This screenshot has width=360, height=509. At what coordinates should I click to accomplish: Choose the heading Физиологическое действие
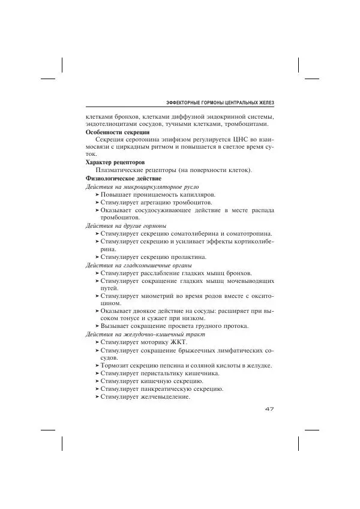[124, 178]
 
